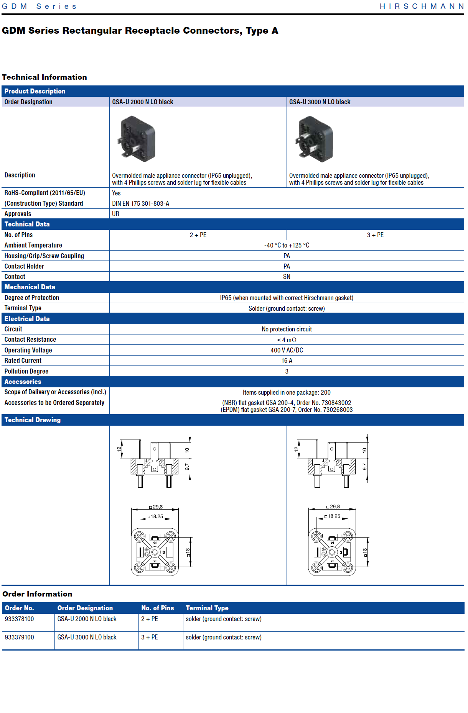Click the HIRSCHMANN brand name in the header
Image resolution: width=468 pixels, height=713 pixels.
point(421,6)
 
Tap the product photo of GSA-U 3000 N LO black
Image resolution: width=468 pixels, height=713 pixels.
point(315,139)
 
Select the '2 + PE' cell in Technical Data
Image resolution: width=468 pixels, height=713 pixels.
point(198,235)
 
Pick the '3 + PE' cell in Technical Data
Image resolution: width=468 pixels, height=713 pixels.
point(375,235)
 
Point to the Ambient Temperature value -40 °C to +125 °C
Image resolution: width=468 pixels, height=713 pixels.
point(287,245)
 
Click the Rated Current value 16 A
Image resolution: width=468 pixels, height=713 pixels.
point(287,361)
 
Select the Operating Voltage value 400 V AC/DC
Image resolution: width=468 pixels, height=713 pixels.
point(287,350)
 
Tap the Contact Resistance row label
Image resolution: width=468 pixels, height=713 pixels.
point(30,339)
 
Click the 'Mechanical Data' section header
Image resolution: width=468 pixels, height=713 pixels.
point(30,287)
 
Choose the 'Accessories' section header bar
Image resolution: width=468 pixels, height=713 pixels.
point(23,382)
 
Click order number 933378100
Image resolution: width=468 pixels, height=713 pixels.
point(20,619)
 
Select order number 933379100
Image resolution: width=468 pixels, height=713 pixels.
point(20,637)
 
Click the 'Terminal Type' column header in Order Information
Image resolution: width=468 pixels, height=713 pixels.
point(207,608)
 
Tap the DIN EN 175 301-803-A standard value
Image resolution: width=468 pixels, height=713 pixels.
point(141,203)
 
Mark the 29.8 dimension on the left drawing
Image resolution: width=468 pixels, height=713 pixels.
point(157,507)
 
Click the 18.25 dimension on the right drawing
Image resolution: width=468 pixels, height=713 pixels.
point(334,516)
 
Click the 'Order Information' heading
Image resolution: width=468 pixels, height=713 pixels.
point(37,594)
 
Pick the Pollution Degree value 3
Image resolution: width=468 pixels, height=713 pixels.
point(287,371)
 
